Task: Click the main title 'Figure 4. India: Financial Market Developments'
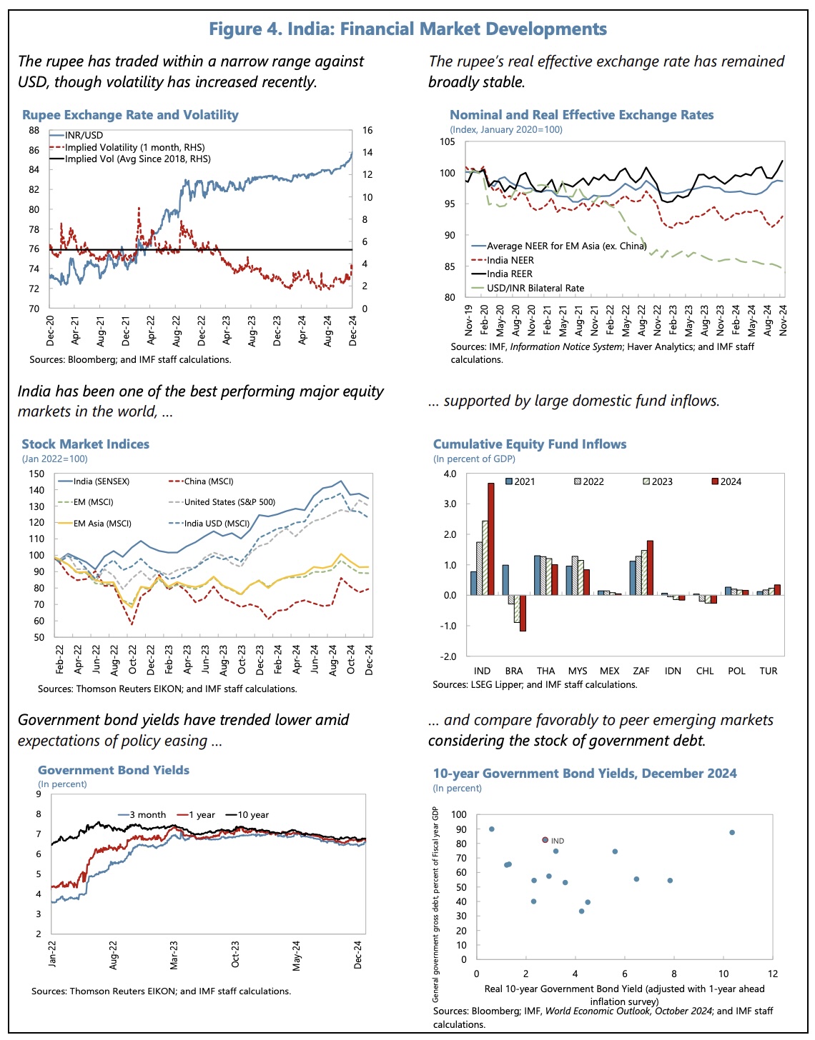(407, 29)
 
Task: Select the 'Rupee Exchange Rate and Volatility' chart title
(130, 115)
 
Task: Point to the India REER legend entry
(509, 274)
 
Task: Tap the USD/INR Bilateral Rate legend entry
(535, 289)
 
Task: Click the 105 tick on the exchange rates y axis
(447, 141)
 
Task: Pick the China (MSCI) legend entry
(208, 481)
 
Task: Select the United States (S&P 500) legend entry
(229, 502)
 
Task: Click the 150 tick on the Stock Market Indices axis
(36, 474)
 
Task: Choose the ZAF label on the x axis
(641, 671)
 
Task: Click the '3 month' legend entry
(147, 815)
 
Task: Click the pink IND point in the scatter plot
(545, 840)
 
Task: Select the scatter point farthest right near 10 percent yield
(732, 832)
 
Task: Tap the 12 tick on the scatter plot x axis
(773, 974)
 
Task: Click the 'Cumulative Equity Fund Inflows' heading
(530, 444)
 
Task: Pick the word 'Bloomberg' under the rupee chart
(92, 359)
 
